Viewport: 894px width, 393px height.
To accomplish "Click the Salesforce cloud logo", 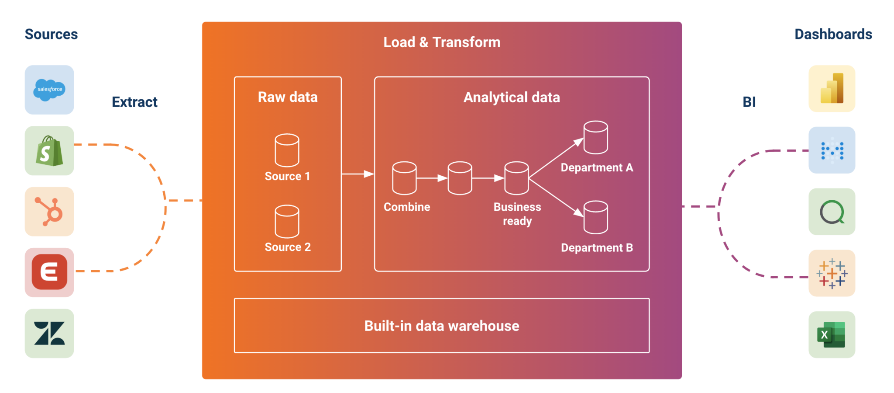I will click(x=49, y=90).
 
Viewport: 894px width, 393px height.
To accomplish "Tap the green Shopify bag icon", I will click(x=49, y=151).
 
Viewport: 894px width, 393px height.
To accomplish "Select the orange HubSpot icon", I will click(x=49, y=212).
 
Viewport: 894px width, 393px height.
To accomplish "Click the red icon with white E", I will click(x=49, y=272).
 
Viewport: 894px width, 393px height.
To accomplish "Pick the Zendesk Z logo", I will click(x=49, y=334).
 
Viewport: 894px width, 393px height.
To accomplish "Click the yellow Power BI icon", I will click(x=832, y=89).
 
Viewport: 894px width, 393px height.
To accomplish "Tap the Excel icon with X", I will click(x=832, y=334).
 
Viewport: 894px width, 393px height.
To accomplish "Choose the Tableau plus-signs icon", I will click(x=832, y=273).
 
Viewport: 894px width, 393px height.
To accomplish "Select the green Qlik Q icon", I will click(x=832, y=212).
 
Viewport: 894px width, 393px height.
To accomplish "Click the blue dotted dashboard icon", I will click(x=832, y=150).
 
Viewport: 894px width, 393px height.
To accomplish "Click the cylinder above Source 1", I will click(x=287, y=150).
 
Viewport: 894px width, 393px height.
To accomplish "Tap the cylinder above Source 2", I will click(x=287, y=221).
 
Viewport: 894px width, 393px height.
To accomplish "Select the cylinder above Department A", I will click(x=596, y=137).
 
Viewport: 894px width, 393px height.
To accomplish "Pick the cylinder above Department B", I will click(x=596, y=217).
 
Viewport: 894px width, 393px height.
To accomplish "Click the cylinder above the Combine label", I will click(x=404, y=178).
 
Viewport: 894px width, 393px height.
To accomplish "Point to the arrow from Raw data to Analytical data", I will click(x=358, y=174).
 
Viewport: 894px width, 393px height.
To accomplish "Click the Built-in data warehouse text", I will click(x=442, y=326).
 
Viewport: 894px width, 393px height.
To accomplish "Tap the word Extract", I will click(x=134, y=102).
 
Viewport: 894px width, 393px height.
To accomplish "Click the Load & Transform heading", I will click(x=442, y=42).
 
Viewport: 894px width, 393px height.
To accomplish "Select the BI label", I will click(x=749, y=102).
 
